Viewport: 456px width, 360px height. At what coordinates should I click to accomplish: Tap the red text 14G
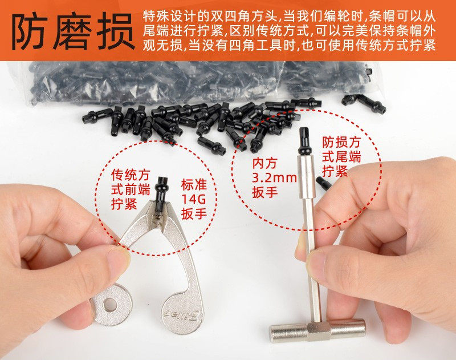[194, 199]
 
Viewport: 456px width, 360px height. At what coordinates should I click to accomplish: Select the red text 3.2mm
[274, 177]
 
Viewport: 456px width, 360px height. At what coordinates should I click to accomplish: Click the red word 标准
[194, 184]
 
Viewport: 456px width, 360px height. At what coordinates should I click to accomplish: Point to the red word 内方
[264, 163]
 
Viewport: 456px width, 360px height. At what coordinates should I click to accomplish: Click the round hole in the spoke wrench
[110, 304]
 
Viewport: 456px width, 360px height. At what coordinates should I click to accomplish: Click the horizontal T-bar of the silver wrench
[317, 330]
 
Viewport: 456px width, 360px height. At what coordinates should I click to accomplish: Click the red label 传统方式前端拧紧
[131, 189]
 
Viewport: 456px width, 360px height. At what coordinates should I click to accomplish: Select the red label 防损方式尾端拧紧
[341, 156]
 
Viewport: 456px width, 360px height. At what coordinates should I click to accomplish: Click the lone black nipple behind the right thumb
[324, 183]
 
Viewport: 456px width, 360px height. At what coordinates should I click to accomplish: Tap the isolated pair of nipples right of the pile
[364, 104]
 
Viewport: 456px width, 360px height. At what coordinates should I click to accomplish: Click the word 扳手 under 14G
[194, 214]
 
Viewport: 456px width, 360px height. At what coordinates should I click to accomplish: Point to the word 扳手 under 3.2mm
[264, 192]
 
